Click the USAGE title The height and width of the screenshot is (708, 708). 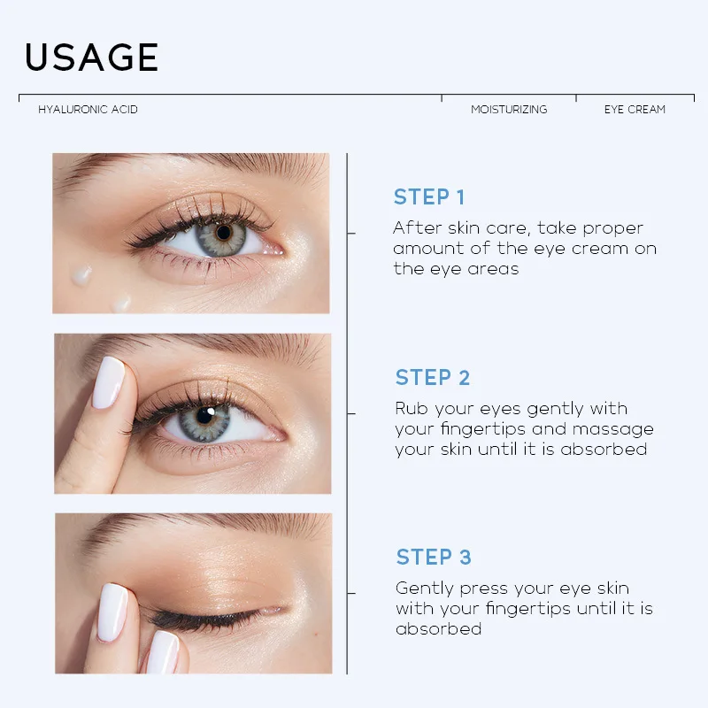click(x=91, y=58)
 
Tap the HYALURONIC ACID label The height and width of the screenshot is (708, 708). click(x=88, y=110)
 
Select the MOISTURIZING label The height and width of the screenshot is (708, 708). click(x=509, y=110)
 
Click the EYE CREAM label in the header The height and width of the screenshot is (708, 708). click(x=635, y=110)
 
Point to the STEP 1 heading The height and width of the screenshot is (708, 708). click(x=429, y=197)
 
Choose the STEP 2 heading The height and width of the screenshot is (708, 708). click(x=433, y=378)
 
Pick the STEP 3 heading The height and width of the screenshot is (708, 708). click(x=434, y=557)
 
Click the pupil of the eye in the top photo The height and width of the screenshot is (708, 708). click(x=223, y=233)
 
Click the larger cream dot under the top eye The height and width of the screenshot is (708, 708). click(x=82, y=274)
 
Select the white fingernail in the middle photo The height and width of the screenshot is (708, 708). click(x=110, y=382)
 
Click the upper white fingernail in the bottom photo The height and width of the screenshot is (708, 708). click(x=112, y=610)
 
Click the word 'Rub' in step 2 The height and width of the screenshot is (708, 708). click(x=412, y=409)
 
